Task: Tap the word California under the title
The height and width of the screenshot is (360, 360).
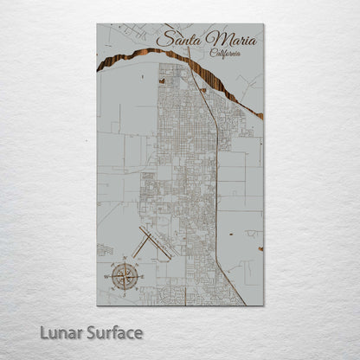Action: click(x=225, y=53)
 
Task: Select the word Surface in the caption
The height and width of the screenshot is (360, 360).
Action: click(x=113, y=332)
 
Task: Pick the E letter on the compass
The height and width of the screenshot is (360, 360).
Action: click(x=144, y=276)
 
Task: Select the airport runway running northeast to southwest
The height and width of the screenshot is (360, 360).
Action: click(x=143, y=241)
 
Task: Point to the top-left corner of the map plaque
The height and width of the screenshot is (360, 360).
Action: click(x=98, y=24)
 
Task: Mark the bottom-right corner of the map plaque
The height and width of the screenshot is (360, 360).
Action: click(x=263, y=305)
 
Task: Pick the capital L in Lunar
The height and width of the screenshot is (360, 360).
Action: click(x=44, y=332)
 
